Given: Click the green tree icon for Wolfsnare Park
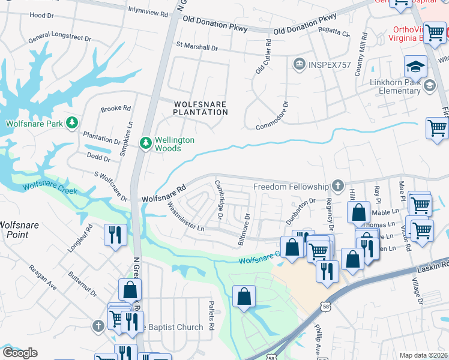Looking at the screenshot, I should pyautogui.click(x=72, y=123).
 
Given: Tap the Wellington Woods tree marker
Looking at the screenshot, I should pyautogui.click(x=145, y=143).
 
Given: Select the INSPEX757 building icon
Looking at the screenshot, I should pyautogui.click(x=298, y=64).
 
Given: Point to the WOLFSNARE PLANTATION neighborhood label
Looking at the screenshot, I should pyautogui.click(x=200, y=108).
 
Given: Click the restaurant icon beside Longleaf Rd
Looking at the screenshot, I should pyautogui.click(x=114, y=235).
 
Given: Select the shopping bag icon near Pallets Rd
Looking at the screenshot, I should pyautogui.click(x=244, y=296).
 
